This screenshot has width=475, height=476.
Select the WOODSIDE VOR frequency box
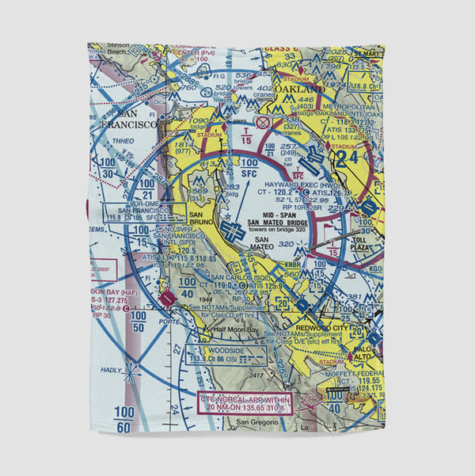(199, 353)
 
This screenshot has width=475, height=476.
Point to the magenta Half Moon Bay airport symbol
(166, 299)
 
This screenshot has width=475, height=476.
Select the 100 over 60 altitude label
(124, 418)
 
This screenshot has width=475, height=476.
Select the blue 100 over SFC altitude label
(249, 167)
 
